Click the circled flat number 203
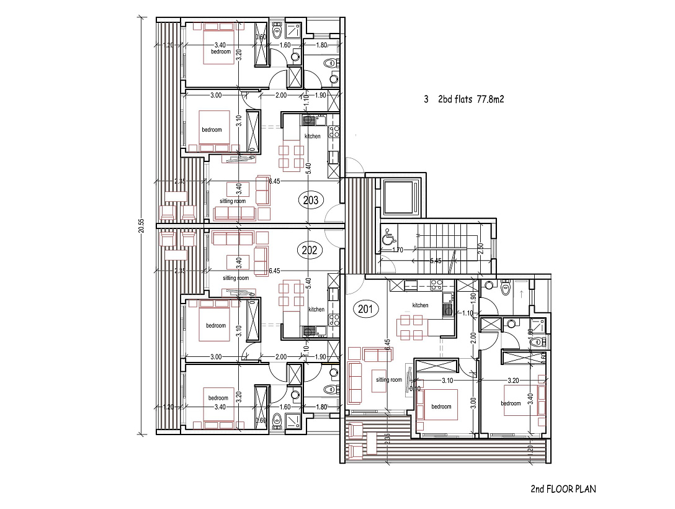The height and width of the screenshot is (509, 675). [x=311, y=200]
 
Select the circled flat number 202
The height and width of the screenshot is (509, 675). [x=311, y=250]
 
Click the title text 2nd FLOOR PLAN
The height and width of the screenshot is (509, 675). [x=563, y=489]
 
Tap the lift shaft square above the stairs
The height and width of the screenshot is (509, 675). [x=403, y=196]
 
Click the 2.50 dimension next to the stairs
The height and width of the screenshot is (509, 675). [x=480, y=247]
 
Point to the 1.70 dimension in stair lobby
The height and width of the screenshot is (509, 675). [x=398, y=251]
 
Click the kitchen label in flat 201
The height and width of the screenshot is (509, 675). [x=421, y=305]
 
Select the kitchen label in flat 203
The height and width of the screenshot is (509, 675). [x=313, y=136]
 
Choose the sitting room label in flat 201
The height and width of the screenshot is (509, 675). [x=390, y=380]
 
